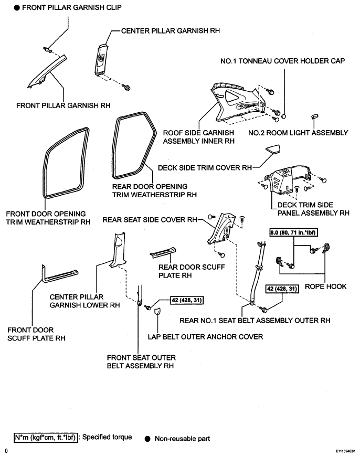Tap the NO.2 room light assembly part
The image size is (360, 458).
pyautogui.click(x=314, y=116)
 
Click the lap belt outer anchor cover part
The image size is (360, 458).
pyautogui.click(x=157, y=311)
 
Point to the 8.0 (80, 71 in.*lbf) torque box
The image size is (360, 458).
pyautogui.click(x=293, y=232)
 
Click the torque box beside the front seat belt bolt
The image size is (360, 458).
pyautogui.click(x=187, y=300)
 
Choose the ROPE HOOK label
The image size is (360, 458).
pyautogui.click(x=325, y=286)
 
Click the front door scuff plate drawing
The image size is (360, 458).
pyautogui.click(x=58, y=274)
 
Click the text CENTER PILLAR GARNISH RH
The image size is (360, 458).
pyautogui.click(x=171, y=30)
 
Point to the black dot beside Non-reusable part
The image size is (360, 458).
pyautogui.click(x=148, y=439)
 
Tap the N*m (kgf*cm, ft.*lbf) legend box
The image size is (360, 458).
pyautogui.click(x=46, y=438)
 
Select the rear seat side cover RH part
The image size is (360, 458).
pyautogui.click(x=221, y=229)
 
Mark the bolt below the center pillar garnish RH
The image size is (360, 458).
pyautogui.click(x=126, y=87)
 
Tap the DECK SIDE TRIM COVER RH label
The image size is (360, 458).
pyautogui.click(x=205, y=168)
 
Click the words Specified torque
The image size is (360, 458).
pyautogui.click(x=107, y=437)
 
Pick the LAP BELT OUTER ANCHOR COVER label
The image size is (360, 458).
pyautogui.click(x=205, y=337)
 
